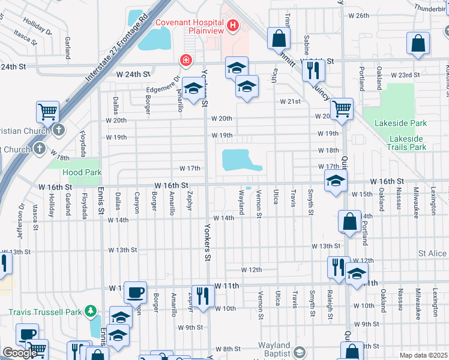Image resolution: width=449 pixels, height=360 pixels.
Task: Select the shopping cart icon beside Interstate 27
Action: coord(47,112)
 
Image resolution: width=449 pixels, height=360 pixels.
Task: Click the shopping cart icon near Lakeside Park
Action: coord(342,109)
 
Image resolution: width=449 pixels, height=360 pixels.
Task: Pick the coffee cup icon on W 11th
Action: coord(135,292)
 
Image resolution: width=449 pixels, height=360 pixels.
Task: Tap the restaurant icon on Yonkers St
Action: coord(203,296)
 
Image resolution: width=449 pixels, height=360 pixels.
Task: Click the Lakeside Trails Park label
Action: coord(407,143)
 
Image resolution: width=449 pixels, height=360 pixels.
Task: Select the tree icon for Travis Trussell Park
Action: coord(91,311)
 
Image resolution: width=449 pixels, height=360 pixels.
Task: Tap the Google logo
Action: coord(20,353)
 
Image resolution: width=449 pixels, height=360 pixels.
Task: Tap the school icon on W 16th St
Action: coord(336,181)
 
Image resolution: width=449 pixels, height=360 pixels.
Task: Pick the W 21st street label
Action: coord(289,101)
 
